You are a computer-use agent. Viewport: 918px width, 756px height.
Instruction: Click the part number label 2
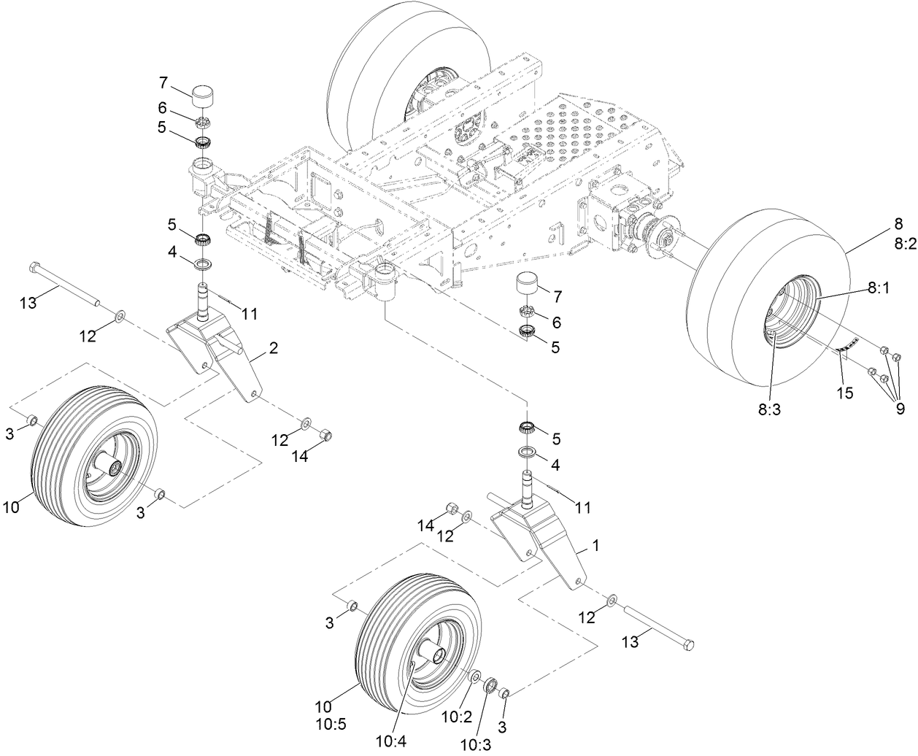(273, 349)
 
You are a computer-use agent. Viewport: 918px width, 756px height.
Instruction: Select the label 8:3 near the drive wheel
(769, 411)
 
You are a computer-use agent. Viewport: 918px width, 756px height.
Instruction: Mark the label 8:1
(879, 290)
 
